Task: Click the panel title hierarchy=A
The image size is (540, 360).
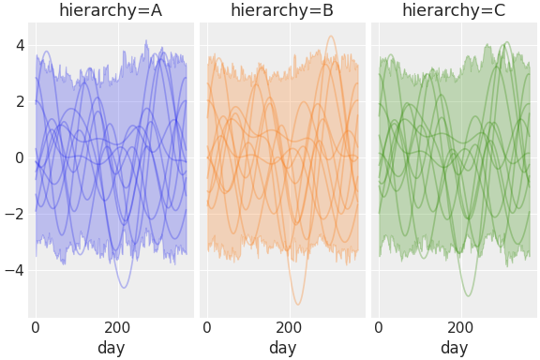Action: click(111, 11)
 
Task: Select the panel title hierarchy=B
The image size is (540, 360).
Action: click(282, 11)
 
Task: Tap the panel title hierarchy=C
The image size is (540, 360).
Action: click(454, 11)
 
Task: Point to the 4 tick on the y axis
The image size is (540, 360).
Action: click(19, 44)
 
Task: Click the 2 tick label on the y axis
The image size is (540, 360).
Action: click(19, 100)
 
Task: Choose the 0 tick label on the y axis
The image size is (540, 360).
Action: click(19, 157)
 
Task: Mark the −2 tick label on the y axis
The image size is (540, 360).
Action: click(14, 214)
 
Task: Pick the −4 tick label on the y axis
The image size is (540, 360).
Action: click(14, 270)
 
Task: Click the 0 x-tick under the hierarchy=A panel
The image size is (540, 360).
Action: click(36, 327)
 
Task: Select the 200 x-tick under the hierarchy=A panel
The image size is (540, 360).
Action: click(118, 327)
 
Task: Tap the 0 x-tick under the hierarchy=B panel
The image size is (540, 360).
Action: click(207, 327)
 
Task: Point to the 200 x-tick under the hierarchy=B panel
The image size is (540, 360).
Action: click(290, 327)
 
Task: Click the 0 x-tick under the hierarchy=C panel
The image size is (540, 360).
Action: click(379, 327)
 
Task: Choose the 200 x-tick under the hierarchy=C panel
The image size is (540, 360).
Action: click(461, 327)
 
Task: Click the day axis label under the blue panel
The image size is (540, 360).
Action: click(111, 348)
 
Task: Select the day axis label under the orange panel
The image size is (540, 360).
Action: click(282, 348)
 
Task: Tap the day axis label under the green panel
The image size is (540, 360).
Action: click(454, 348)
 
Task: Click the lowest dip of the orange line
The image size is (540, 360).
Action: click(298, 304)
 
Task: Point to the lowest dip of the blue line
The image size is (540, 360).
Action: click(124, 287)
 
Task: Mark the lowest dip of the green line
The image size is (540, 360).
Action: click(468, 296)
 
